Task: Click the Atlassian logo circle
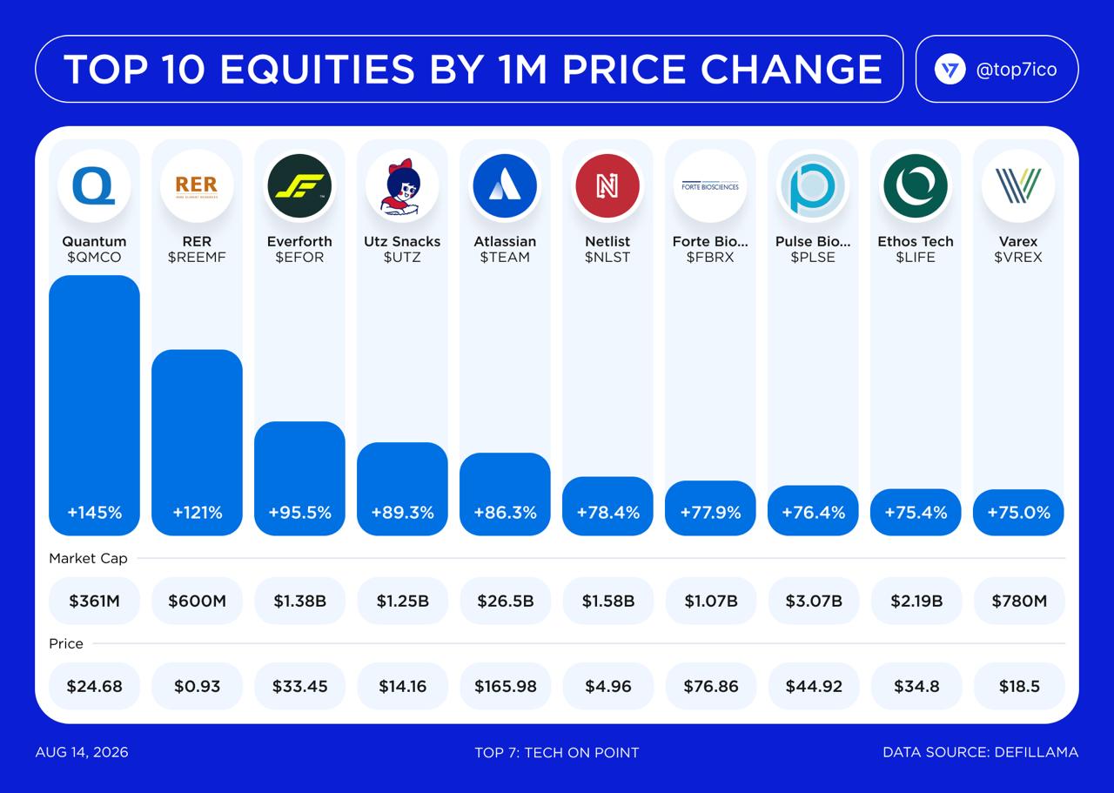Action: tap(505, 186)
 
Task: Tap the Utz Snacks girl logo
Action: tap(402, 186)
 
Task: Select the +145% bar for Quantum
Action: tap(95, 405)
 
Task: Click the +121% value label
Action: tap(198, 513)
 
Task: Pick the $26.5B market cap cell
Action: tap(506, 601)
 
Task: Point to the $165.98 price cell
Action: tap(506, 686)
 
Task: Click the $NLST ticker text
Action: tap(607, 257)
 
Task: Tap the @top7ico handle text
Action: tap(1017, 70)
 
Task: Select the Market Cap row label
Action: tap(88, 559)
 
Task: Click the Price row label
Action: tap(65, 644)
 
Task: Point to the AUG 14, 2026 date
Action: tap(82, 752)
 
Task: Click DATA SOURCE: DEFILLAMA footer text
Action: tap(980, 752)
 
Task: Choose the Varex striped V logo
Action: tap(1018, 186)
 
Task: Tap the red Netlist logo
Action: tap(607, 186)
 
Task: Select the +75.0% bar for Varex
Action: tap(1018, 513)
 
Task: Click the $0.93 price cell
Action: tap(197, 686)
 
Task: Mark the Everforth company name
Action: tap(299, 241)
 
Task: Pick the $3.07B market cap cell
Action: tap(814, 601)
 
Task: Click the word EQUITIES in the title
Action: tap(317, 69)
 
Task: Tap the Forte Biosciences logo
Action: tap(710, 186)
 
